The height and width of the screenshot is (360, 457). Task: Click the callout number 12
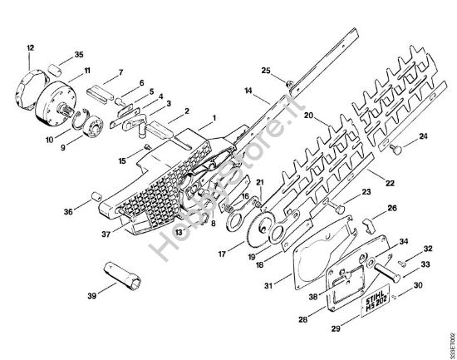click(x=31, y=47)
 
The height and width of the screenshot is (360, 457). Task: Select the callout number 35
click(x=79, y=55)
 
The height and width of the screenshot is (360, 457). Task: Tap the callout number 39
click(x=91, y=293)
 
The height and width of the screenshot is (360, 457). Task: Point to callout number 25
click(x=266, y=70)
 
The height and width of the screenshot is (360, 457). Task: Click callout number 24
click(x=423, y=136)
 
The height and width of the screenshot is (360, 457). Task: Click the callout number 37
click(x=106, y=234)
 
